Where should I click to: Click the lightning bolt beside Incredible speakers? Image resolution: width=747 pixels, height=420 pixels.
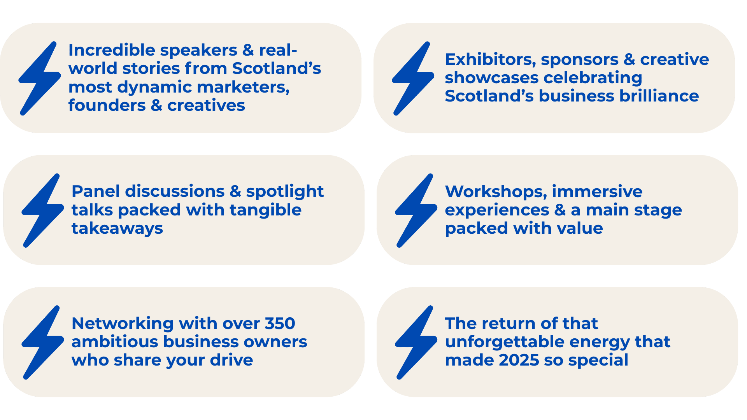click(40, 78)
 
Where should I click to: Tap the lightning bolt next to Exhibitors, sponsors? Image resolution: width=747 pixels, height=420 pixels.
click(413, 78)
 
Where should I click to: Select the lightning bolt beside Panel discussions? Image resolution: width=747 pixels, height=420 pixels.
click(43, 210)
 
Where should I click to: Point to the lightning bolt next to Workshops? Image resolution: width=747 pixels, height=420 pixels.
click(416, 210)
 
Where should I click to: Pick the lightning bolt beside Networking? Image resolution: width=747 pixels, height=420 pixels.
click(43, 342)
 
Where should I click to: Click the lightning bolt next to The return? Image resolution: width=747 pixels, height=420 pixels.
click(416, 342)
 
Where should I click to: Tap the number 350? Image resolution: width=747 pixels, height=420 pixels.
click(280, 324)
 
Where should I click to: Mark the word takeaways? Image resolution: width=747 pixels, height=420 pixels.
click(117, 229)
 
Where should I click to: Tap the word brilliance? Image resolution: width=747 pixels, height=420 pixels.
click(658, 96)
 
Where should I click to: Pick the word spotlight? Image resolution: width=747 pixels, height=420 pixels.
click(285, 192)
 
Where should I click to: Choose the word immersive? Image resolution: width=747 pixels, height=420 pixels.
click(597, 192)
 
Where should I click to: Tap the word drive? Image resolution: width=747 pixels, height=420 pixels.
click(231, 360)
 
